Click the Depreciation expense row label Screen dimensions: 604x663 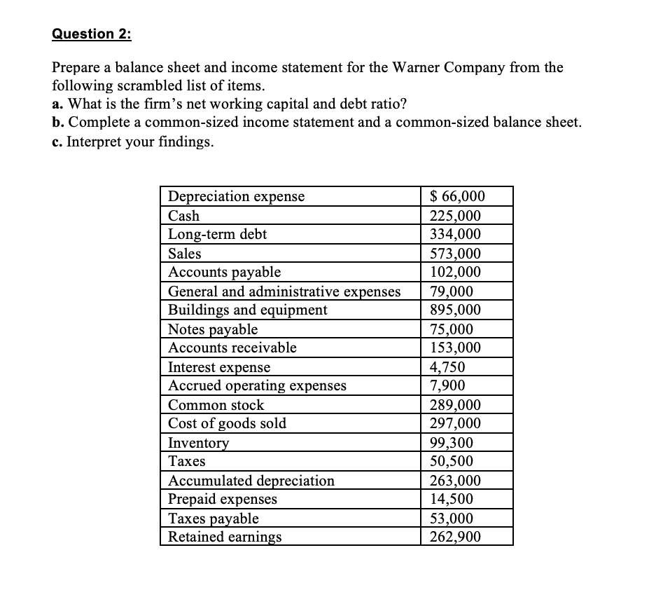click(237, 196)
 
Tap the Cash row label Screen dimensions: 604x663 click(184, 216)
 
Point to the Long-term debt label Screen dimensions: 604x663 click(218, 235)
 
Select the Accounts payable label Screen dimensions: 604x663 click(225, 272)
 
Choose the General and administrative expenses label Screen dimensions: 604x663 click(285, 291)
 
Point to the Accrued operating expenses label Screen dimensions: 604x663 click(258, 385)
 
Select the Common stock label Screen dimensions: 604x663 click(216, 405)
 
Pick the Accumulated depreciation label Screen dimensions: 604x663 click(252, 481)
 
